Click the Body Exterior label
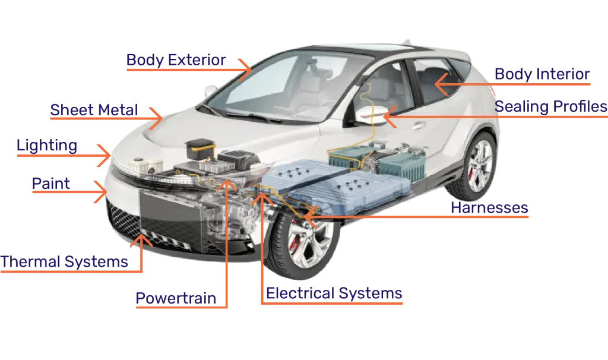(x=176, y=60)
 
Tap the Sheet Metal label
(x=94, y=110)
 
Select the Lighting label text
(x=47, y=146)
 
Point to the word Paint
(x=51, y=184)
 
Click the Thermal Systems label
(x=64, y=262)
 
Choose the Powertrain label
(x=176, y=298)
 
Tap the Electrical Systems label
(x=334, y=293)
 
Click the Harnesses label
(x=489, y=207)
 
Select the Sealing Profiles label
(x=550, y=107)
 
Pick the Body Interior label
(x=542, y=74)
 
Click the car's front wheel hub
(x=306, y=244)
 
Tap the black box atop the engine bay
(x=200, y=149)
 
